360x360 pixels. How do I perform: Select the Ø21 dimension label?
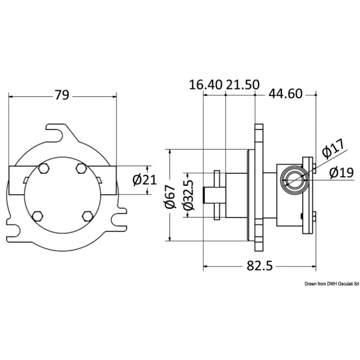pos(144,180)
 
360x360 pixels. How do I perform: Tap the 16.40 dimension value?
pos(206,84)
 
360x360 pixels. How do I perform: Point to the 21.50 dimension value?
pos(243,84)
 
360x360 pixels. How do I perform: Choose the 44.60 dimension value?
pos(285,94)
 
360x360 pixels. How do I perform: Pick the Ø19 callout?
pos(341,172)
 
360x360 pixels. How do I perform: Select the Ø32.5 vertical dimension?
pos(188,195)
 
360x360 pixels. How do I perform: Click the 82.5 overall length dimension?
pos(260,266)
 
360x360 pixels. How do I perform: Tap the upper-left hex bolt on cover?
pos(44,168)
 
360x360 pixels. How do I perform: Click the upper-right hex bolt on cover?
pos(81,168)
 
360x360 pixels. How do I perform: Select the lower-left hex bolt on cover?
pos(37,216)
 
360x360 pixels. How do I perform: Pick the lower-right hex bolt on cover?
pos(88,216)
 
